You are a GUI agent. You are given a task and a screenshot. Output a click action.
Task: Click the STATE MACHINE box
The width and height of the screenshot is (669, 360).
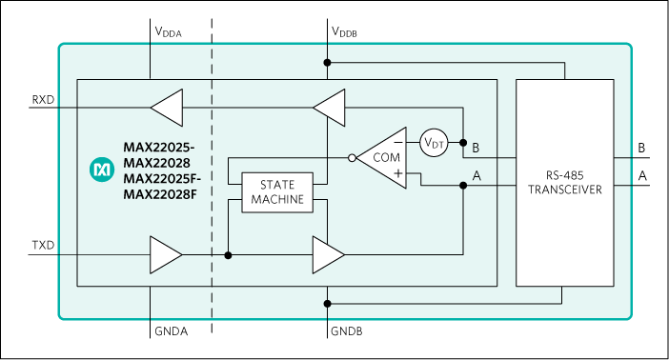point(276,192)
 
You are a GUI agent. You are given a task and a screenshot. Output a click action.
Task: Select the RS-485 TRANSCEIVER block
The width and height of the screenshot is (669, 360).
point(564,182)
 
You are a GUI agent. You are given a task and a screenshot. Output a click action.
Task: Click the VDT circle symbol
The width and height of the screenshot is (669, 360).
point(434,143)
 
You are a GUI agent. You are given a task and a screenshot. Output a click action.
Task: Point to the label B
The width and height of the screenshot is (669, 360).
point(476,148)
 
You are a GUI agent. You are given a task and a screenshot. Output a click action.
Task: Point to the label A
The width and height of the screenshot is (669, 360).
point(476,176)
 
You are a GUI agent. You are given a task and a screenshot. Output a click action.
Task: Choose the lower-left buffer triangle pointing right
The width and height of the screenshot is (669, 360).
point(166,254)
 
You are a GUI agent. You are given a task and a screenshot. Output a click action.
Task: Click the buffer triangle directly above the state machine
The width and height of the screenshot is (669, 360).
point(330,108)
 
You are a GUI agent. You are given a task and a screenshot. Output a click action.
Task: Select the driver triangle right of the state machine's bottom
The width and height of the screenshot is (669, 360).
point(329,254)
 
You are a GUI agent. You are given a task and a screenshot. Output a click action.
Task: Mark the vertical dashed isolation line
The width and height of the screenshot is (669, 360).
point(212,181)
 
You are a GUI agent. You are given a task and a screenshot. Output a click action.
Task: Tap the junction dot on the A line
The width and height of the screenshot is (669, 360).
point(463,186)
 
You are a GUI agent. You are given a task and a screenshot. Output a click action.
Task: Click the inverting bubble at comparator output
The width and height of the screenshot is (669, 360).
point(353,158)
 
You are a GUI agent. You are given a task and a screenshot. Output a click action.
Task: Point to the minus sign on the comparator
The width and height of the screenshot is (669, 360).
point(396,143)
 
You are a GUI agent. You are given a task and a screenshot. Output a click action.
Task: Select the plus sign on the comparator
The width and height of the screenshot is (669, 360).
point(396,173)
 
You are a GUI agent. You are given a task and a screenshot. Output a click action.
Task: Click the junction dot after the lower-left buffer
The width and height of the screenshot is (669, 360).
point(228,254)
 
